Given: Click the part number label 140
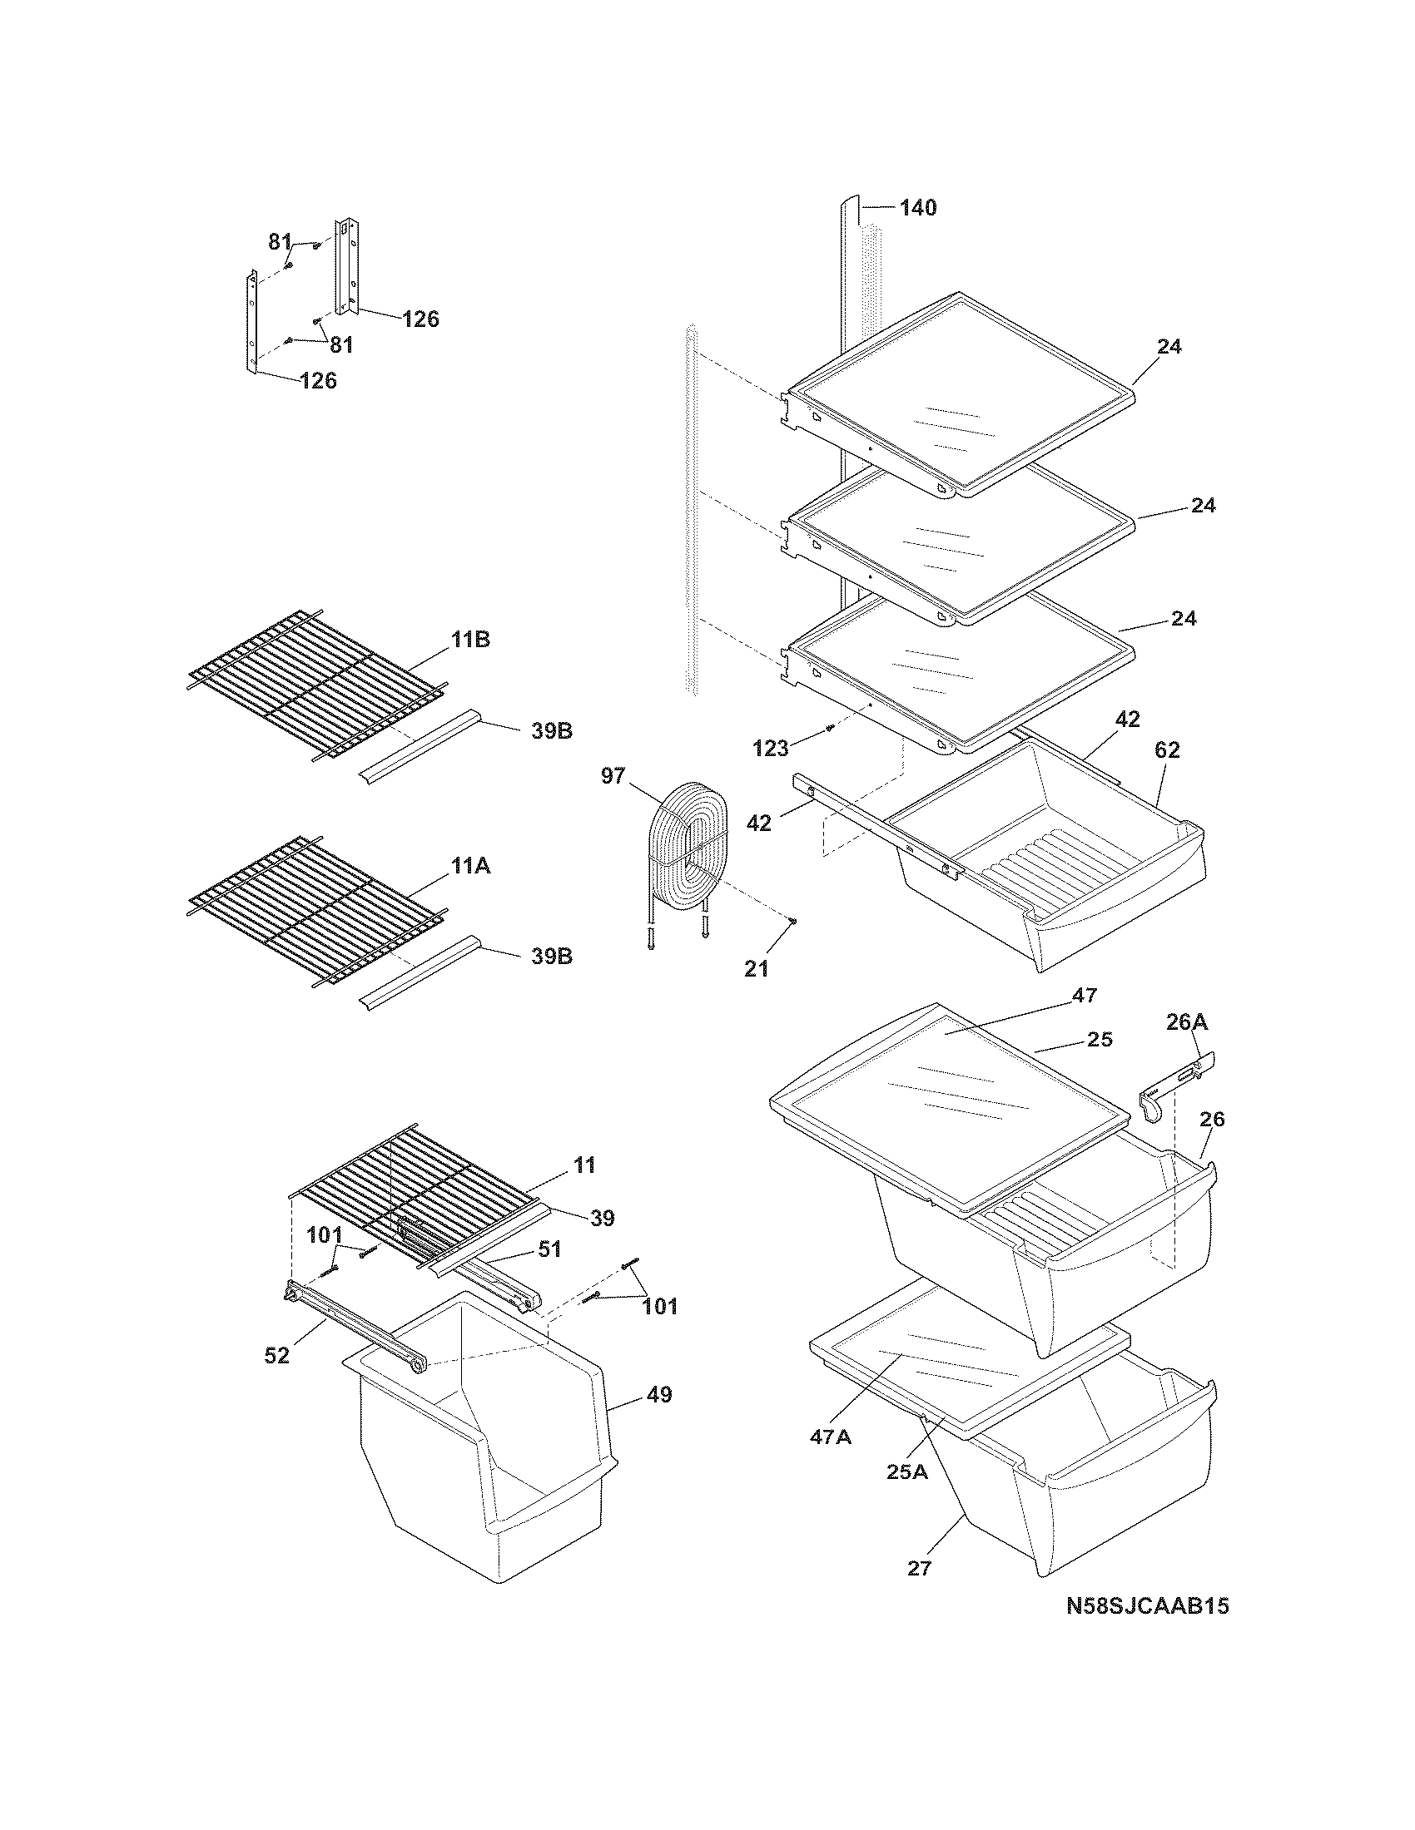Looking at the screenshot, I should point(918,207).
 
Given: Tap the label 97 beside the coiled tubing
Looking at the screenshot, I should point(613,775).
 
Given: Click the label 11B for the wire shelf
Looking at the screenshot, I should point(470,640).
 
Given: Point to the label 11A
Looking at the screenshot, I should point(470,866).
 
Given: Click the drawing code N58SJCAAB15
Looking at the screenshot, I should point(1148,1629).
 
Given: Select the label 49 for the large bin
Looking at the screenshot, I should point(660,1395).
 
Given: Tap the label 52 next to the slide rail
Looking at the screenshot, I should point(276,1355).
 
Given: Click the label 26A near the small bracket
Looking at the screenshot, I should point(1187,1021).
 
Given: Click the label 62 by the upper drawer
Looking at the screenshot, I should point(1167,750).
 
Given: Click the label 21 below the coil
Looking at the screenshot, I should point(756,968).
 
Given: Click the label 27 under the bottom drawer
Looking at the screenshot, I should point(919,1568).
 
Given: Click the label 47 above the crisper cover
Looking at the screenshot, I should point(1084,995).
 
